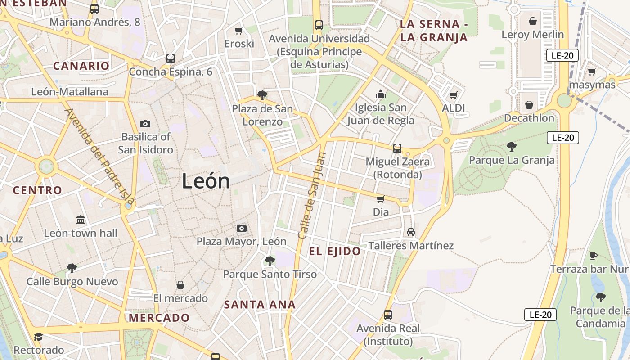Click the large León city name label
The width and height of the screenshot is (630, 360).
[206, 181]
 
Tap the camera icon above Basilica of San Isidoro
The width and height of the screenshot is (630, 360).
[145, 124]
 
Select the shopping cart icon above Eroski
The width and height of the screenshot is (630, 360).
[239, 31]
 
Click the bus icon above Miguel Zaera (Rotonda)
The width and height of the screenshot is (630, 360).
[397, 148]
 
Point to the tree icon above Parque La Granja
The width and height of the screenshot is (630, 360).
[511, 146]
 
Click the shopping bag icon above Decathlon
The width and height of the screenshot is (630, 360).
[529, 105]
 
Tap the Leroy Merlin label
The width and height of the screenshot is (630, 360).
[532, 35]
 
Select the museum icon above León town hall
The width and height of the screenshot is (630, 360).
[81, 220]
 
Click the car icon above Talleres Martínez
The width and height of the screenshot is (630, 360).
[410, 232]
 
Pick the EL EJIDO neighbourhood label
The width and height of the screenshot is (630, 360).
[335, 252]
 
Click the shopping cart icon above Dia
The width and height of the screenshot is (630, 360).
[380, 198]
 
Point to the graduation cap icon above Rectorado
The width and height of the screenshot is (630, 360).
[38, 337]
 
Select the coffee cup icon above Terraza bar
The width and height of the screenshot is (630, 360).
[594, 256]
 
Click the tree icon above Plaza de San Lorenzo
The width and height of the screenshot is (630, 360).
[262, 95]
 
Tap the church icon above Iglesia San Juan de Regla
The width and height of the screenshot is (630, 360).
[381, 94]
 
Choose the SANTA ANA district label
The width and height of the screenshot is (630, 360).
[260, 305]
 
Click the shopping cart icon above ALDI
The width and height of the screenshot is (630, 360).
[453, 95]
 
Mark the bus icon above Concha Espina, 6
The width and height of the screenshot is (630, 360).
[170, 58]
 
